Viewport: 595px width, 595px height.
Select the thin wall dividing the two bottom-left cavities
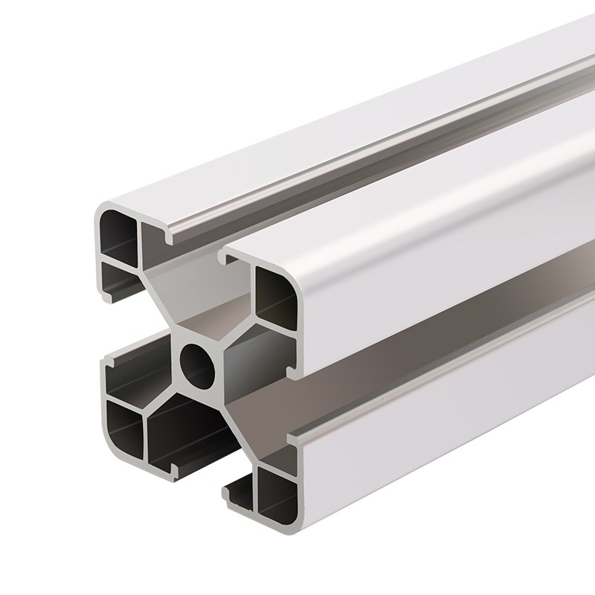(144, 430)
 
